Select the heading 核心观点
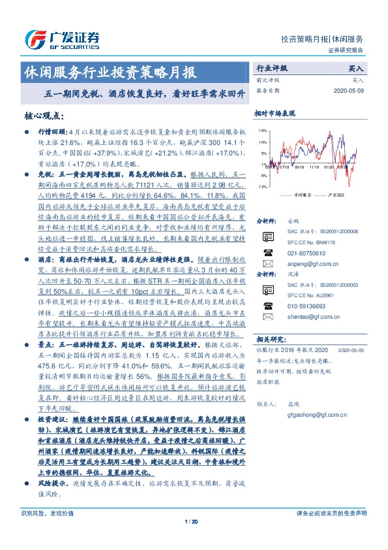[x=43, y=116]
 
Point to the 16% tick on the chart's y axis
[x=263, y=131]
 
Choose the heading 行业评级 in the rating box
[x=271, y=67]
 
